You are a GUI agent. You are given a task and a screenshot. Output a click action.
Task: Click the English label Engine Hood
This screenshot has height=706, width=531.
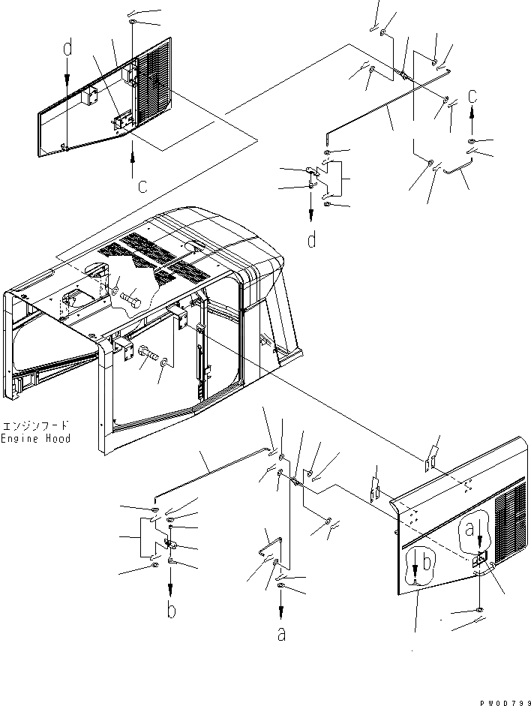point(35,438)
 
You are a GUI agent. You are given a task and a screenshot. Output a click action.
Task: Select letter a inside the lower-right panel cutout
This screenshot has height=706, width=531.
point(470,530)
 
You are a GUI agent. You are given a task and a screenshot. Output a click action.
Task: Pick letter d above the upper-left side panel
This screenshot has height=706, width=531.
point(67,50)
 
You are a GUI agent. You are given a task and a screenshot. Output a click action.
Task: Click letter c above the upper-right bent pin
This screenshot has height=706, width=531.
point(472,95)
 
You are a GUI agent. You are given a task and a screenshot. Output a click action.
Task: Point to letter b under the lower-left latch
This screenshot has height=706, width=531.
point(172,611)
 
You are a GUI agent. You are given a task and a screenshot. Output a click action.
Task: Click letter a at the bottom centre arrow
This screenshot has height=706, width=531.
point(281,634)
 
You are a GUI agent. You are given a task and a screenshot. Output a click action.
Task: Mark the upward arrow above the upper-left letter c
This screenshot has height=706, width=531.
point(133,159)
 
